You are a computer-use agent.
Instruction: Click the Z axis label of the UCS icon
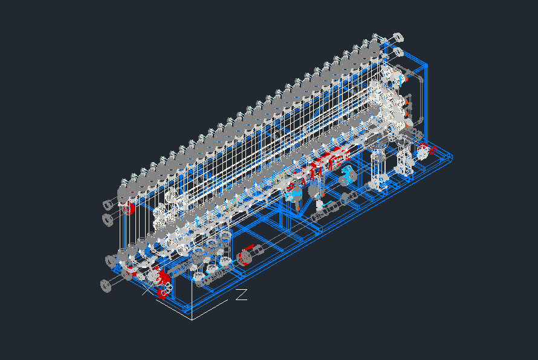(242, 295)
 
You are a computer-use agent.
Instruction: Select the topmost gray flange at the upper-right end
(397, 37)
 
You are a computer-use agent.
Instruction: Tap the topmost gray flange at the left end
(108, 205)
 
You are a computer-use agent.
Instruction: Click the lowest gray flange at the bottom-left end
(106, 286)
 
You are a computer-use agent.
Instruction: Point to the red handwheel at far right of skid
(433, 150)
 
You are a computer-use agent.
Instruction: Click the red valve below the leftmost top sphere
(129, 208)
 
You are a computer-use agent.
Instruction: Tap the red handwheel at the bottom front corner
(162, 293)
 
